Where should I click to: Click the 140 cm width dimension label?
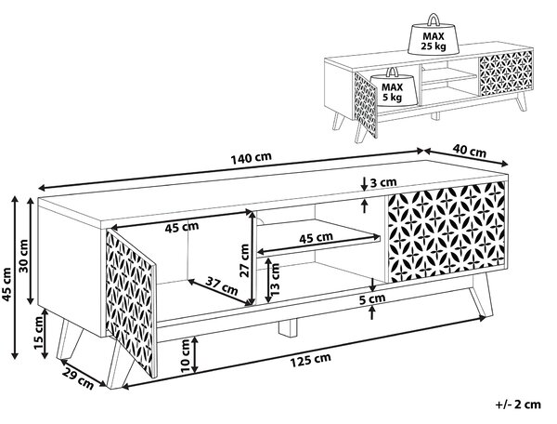[x=252, y=159]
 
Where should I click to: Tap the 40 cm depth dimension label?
[x=469, y=151]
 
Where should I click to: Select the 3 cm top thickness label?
[x=383, y=182]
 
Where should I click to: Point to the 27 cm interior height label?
[x=245, y=259]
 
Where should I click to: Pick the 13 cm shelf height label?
[x=275, y=279]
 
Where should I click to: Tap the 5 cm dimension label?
[x=372, y=298]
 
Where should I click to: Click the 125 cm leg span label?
[x=311, y=360]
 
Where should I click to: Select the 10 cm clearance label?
[x=187, y=356]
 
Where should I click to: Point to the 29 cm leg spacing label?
[x=79, y=378]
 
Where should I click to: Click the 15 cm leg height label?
[x=38, y=332]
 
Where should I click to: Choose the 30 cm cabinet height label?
[x=23, y=256]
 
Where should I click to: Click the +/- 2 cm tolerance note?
[x=518, y=404]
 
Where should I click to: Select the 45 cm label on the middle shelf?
[x=316, y=238]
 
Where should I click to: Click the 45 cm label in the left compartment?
[x=182, y=227]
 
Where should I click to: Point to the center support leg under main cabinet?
[x=288, y=327]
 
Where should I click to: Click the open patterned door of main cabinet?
[x=132, y=302]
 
